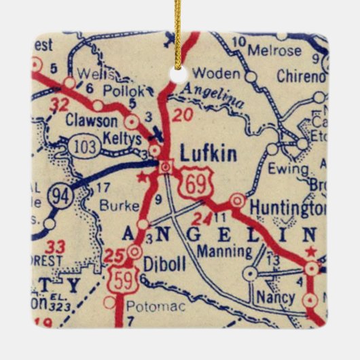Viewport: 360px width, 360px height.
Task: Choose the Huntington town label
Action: [285, 205]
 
